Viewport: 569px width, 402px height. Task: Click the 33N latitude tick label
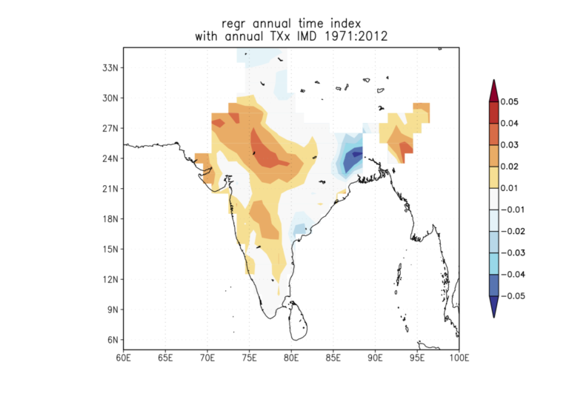[111, 67]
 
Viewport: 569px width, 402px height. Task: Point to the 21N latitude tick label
[111, 189]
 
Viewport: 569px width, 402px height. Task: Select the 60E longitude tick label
[123, 358]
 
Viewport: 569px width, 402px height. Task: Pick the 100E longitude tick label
[459, 358]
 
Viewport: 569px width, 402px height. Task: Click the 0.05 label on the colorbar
[510, 101]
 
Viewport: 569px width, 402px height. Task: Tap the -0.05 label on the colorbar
[512, 295]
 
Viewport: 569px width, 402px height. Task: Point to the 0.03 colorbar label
[510, 145]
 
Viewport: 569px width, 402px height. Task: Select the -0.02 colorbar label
[512, 231]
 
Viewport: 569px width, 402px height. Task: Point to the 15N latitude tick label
[111, 249]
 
